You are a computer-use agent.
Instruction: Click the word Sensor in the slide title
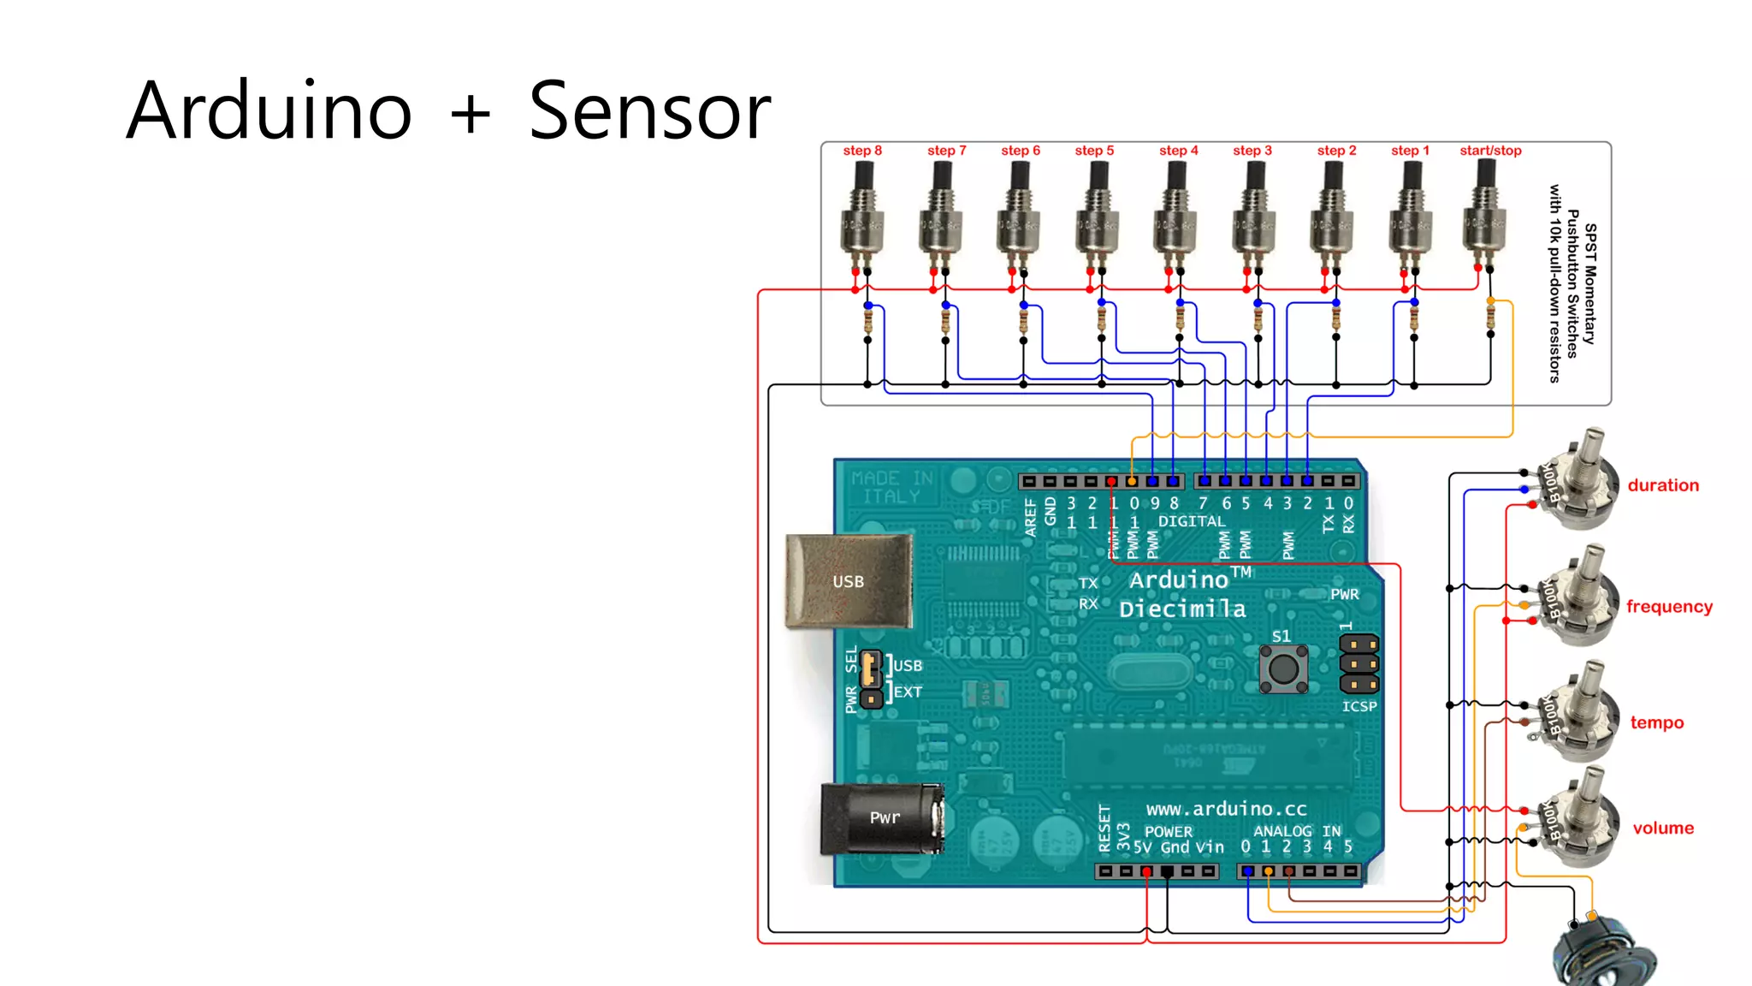[649, 111]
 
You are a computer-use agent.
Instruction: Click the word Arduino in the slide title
[269, 111]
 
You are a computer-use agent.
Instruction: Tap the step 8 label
[861, 151]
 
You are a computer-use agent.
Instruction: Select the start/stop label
[1490, 151]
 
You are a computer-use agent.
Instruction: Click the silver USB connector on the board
[848, 581]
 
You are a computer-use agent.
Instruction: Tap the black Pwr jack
[881, 817]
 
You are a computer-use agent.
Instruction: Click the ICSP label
[1358, 706]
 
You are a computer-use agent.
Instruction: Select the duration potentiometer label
[1662, 485]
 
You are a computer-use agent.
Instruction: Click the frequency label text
[1668, 607]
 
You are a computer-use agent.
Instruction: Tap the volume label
[1662, 828]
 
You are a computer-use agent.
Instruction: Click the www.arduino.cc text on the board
[1226, 809]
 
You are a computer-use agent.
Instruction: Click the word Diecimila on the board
[1182, 609]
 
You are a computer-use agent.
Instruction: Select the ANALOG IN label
[1296, 831]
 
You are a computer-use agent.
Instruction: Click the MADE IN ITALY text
[891, 487]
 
